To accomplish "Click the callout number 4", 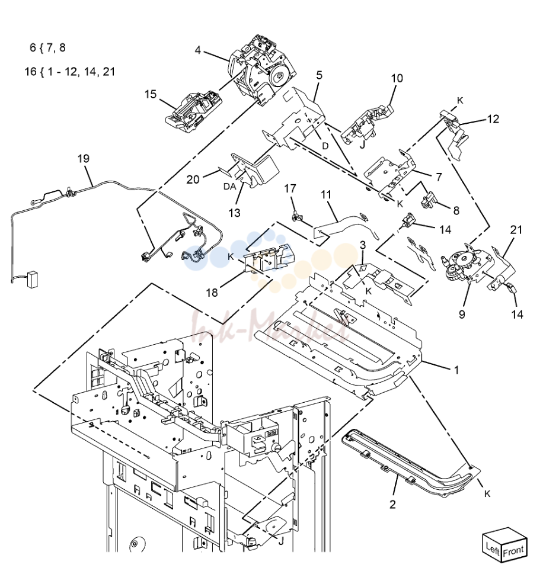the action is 198,50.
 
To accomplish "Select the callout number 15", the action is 151,94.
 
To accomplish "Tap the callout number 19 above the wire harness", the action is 84,159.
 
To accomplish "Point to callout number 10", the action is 397,78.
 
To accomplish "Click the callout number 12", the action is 493,119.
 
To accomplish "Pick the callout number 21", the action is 516,230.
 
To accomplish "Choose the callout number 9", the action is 462,315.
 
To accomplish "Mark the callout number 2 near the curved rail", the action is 392,504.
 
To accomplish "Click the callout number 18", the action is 212,293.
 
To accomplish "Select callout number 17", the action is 290,188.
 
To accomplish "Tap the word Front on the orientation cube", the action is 513,551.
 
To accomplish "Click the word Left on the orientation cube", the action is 493,548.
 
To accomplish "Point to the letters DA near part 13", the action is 229,187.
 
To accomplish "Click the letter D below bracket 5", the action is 325,146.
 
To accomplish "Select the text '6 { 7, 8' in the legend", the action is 47,48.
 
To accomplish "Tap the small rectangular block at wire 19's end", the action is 34,280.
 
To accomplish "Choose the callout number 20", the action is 193,179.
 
